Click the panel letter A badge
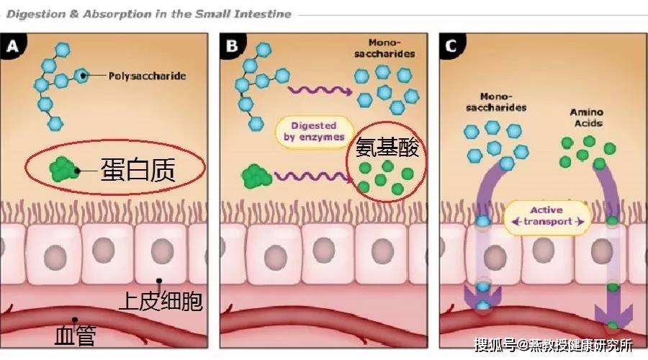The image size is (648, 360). [14, 48]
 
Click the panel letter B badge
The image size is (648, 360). [231, 48]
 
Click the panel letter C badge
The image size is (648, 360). [451, 48]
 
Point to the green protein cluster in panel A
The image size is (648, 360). [64, 169]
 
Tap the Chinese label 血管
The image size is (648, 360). [75, 336]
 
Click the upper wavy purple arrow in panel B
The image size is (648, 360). [320, 90]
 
